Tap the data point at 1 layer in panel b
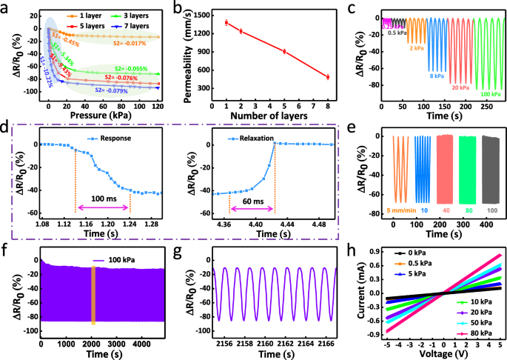(x=226, y=23)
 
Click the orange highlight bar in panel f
(x=93, y=294)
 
